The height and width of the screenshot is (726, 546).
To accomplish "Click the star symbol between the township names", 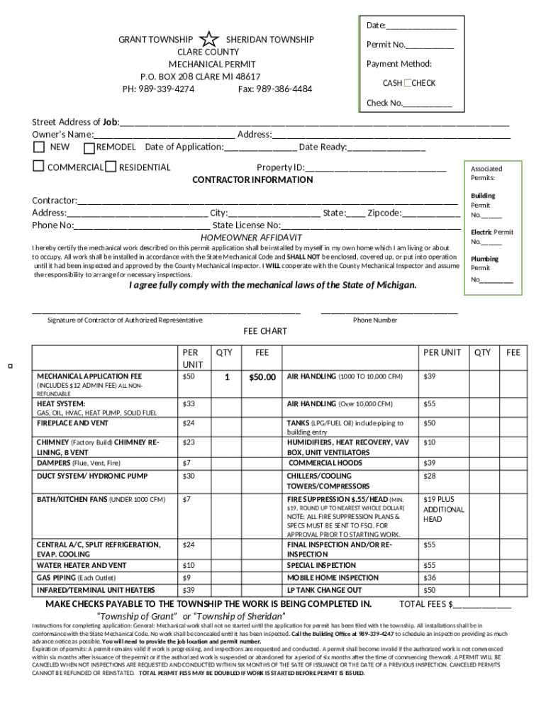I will click(x=209, y=40).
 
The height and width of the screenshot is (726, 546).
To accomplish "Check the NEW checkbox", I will click(x=40, y=147).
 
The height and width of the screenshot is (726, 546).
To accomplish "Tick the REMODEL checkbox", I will click(x=89, y=148).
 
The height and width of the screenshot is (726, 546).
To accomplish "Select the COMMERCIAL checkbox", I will click(x=38, y=167).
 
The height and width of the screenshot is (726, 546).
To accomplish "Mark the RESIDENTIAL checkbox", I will click(x=111, y=167).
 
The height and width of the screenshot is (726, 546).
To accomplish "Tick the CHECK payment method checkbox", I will click(x=408, y=83).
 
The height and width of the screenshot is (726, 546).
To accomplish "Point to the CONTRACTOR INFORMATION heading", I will click(x=252, y=179).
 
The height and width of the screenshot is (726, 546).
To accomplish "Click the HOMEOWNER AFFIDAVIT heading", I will click(x=252, y=237).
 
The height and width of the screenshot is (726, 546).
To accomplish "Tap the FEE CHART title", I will click(x=265, y=331).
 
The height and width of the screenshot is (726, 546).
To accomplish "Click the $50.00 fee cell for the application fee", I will click(x=262, y=377).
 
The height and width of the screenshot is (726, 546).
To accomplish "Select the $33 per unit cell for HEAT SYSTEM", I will click(x=189, y=403).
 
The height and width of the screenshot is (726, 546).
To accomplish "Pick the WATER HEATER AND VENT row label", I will click(x=82, y=565).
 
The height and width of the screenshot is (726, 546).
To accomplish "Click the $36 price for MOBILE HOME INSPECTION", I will click(x=429, y=577).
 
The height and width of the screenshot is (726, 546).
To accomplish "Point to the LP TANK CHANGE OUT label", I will click(x=324, y=590).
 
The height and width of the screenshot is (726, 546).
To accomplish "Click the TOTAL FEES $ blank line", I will click(x=482, y=605).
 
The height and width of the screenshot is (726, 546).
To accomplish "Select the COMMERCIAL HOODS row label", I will click(x=325, y=462).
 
